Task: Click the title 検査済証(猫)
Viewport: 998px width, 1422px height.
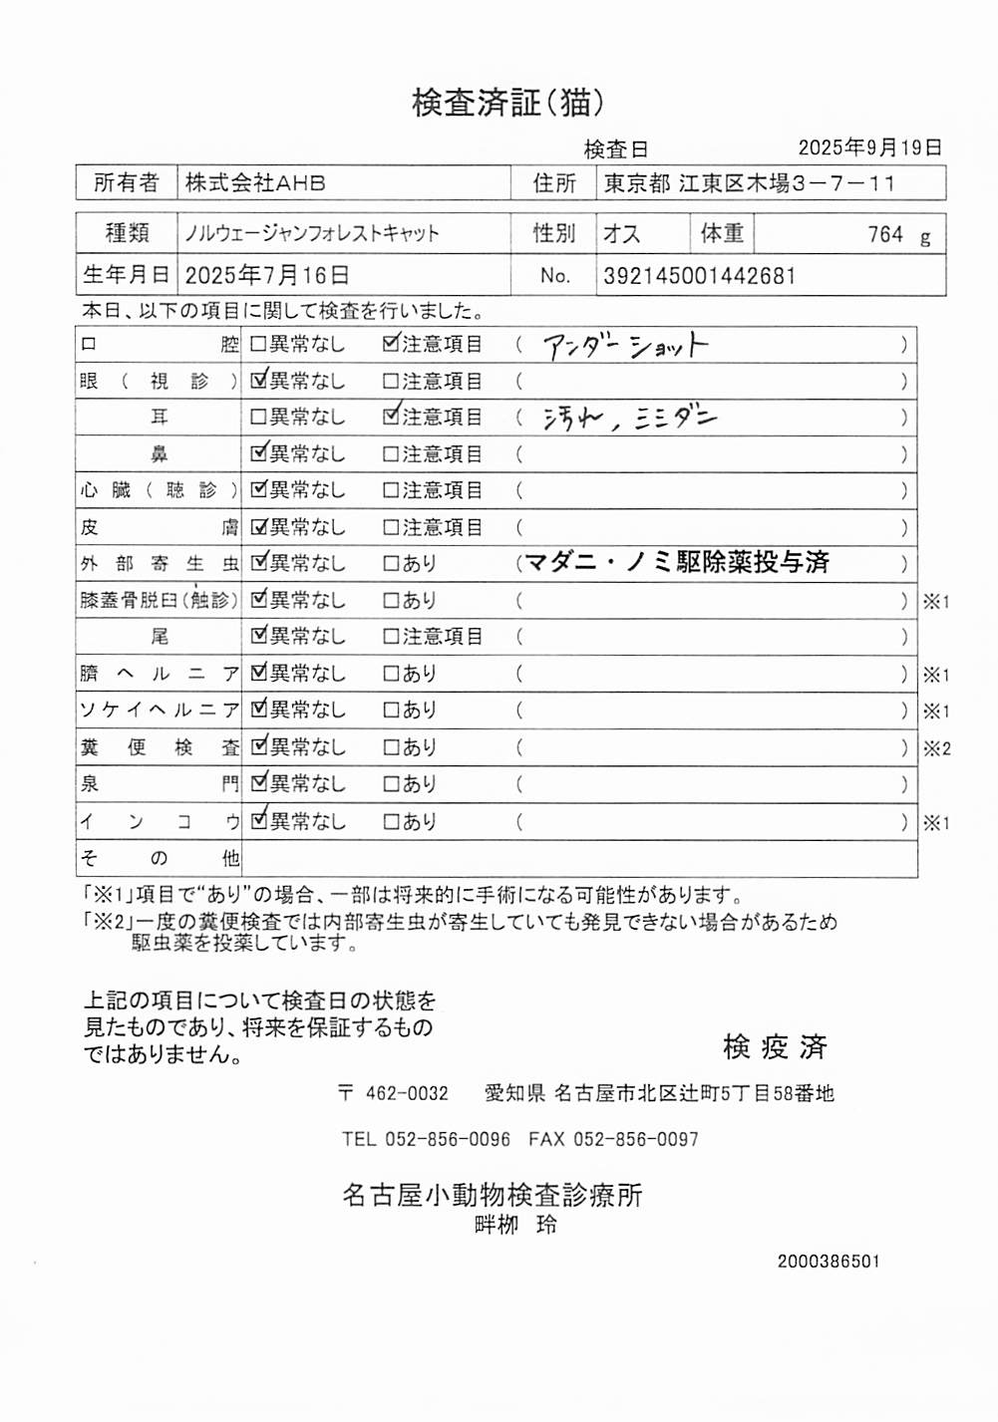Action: point(507,103)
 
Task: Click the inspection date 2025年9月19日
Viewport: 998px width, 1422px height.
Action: point(869,147)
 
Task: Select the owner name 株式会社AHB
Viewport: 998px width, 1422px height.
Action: point(255,183)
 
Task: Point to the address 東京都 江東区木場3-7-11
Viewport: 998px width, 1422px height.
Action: point(749,183)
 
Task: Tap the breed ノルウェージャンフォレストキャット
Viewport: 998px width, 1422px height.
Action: point(311,234)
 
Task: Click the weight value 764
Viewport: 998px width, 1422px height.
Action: point(884,235)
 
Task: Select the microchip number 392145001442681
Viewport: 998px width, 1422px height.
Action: point(699,276)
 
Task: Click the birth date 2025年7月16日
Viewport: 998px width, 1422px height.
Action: point(266,276)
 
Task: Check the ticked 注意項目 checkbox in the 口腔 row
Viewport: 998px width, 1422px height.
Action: point(391,344)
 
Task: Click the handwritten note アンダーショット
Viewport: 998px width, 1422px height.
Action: point(625,346)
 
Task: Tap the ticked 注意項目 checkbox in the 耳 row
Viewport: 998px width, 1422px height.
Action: point(391,417)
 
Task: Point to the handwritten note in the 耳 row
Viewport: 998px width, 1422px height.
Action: point(629,419)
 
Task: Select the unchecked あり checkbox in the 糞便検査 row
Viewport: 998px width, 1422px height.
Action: point(392,747)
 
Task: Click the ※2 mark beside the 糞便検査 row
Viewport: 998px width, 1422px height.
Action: point(936,748)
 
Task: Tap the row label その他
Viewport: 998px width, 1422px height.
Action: point(159,858)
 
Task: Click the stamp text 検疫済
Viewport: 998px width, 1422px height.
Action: point(775,1046)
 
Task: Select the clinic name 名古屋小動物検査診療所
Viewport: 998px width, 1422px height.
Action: point(492,1194)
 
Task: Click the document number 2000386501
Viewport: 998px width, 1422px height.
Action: point(829,1262)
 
